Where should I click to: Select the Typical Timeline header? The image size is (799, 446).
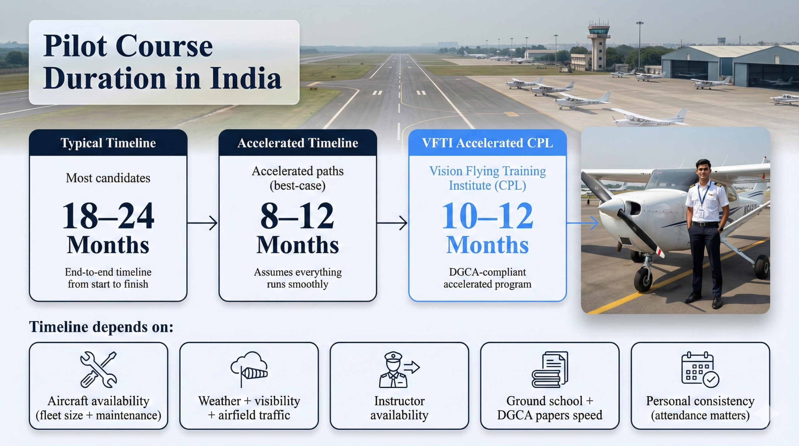coord(108,143)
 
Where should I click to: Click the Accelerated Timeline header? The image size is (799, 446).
coord(297,143)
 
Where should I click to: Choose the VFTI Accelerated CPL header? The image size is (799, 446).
coord(487,143)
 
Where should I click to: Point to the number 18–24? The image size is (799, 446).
coord(108,216)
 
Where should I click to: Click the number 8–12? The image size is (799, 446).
coord(297,216)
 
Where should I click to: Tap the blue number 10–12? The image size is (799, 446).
coord(487,216)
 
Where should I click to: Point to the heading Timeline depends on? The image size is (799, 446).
coord(101,327)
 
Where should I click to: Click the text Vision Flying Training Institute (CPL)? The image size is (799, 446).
coord(487,178)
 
